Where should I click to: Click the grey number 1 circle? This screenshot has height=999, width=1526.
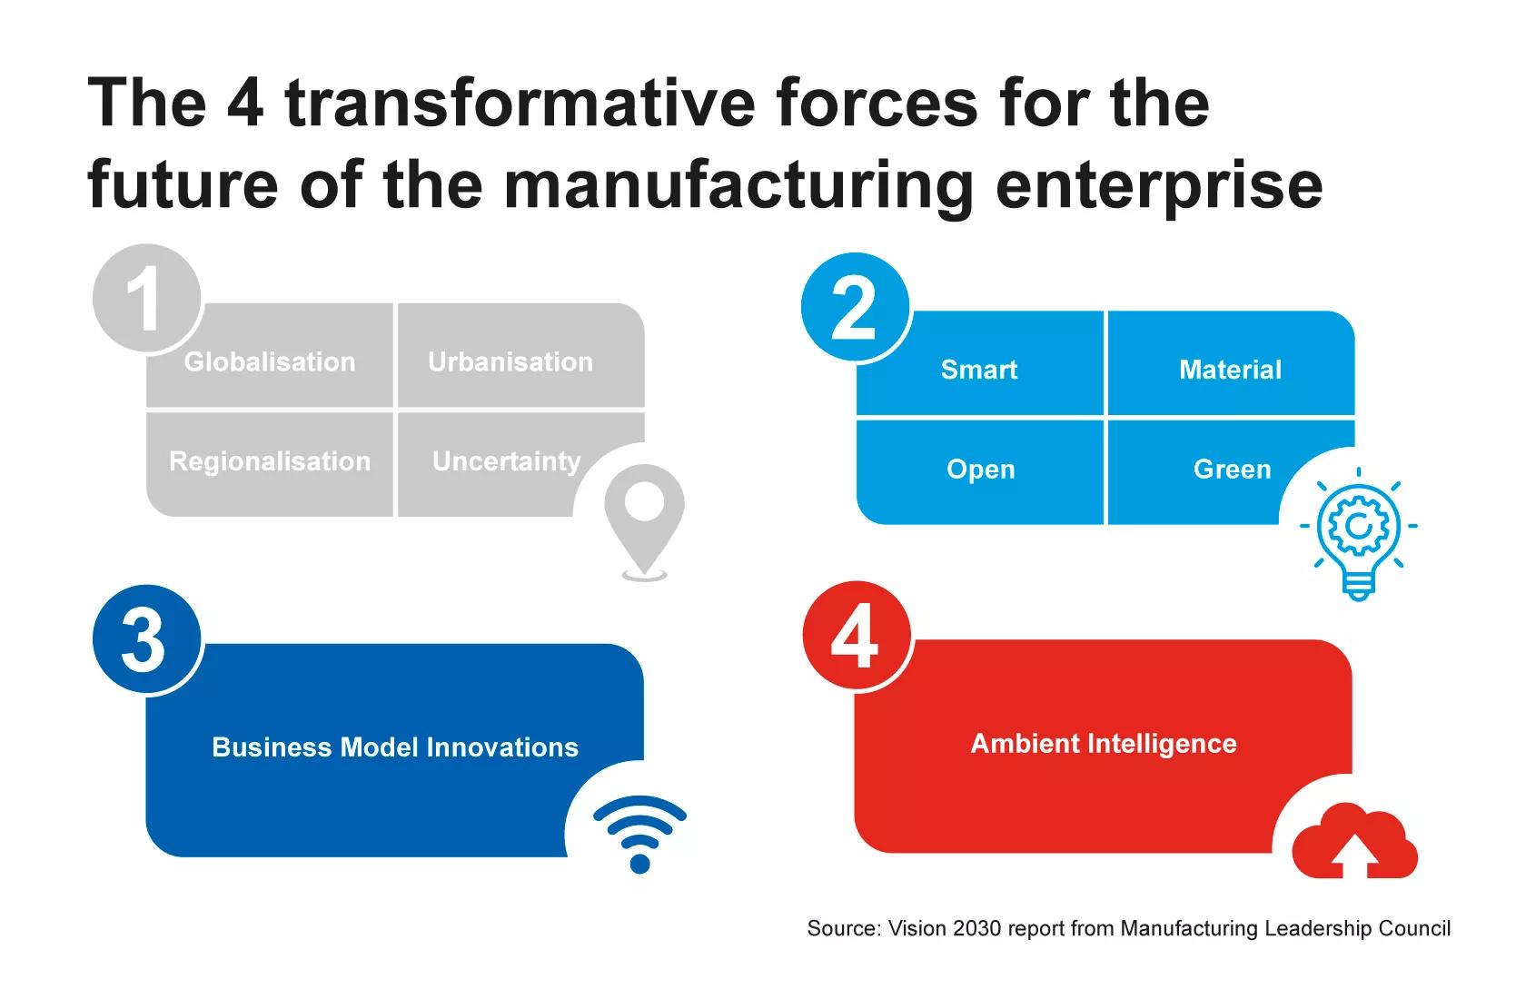click(146, 298)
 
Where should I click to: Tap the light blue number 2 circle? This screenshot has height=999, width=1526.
click(855, 306)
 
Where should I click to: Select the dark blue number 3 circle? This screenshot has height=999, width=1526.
click(147, 638)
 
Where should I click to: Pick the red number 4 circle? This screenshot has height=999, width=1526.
click(857, 636)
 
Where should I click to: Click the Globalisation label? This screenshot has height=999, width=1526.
click(270, 361)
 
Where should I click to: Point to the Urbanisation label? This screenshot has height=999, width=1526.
click(510, 361)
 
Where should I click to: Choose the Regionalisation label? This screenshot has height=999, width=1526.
click(270, 461)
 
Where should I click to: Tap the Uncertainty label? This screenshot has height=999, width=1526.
click(507, 461)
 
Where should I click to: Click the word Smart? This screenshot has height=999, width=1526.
click(979, 369)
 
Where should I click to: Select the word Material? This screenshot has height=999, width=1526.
click(1230, 369)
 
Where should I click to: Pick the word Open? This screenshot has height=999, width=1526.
click(981, 470)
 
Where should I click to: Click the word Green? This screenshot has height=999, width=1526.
click(1233, 470)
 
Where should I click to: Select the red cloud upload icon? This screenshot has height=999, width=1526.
click(1355, 841)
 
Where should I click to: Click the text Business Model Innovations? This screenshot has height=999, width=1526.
click(395, 747)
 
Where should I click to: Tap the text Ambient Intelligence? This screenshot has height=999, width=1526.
click(1104, 744)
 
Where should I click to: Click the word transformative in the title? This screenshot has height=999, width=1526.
click(520, 103)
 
